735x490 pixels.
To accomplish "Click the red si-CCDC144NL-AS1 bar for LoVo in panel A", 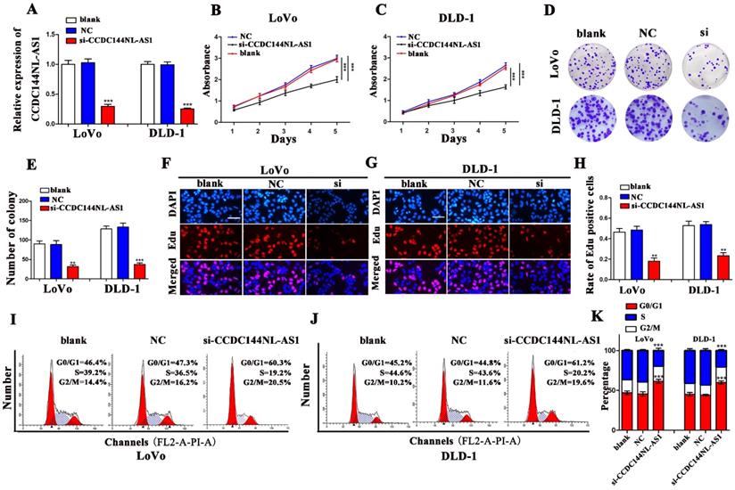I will pyautogui.click(x=83, y=117).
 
